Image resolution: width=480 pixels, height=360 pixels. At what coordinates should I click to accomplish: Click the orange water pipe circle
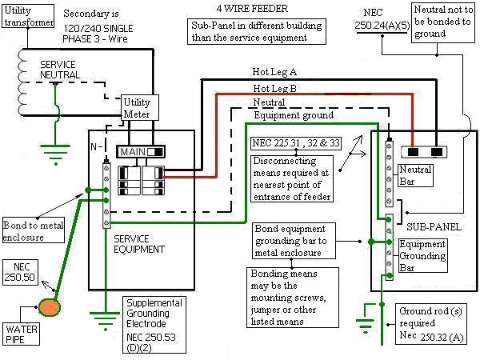(x=50, y=306)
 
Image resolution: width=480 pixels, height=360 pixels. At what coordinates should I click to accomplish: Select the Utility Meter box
(x=136, y=109)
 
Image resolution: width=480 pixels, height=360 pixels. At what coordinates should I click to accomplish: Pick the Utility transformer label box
(x=29, y=16)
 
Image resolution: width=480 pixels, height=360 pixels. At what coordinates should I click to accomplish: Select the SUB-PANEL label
(x=434, y=227)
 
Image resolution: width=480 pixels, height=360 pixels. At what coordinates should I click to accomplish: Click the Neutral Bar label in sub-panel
(x=415, y=174)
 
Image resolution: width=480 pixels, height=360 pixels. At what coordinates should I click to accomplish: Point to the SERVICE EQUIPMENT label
(x=139, y=243)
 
